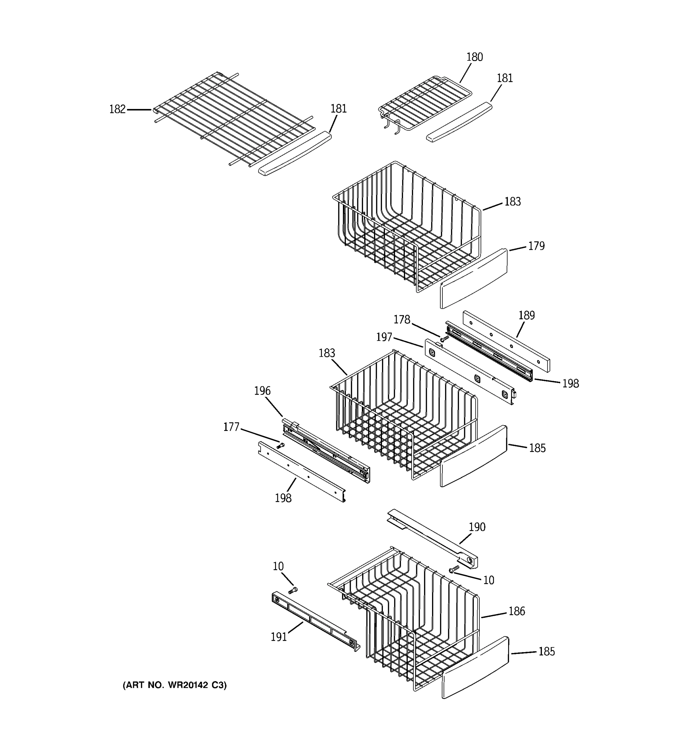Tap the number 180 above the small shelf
[x=474, y=57]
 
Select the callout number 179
[x=536, y=246]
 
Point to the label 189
[x=526, y=315]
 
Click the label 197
[x=384, y=337]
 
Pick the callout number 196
[x=262, y=391]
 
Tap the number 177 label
[x=231, y=427]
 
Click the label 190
[x=477, y=527]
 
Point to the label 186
[x=516, y=611]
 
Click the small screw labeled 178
[x=445, y=338]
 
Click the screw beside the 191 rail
[x=293, y=591]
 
